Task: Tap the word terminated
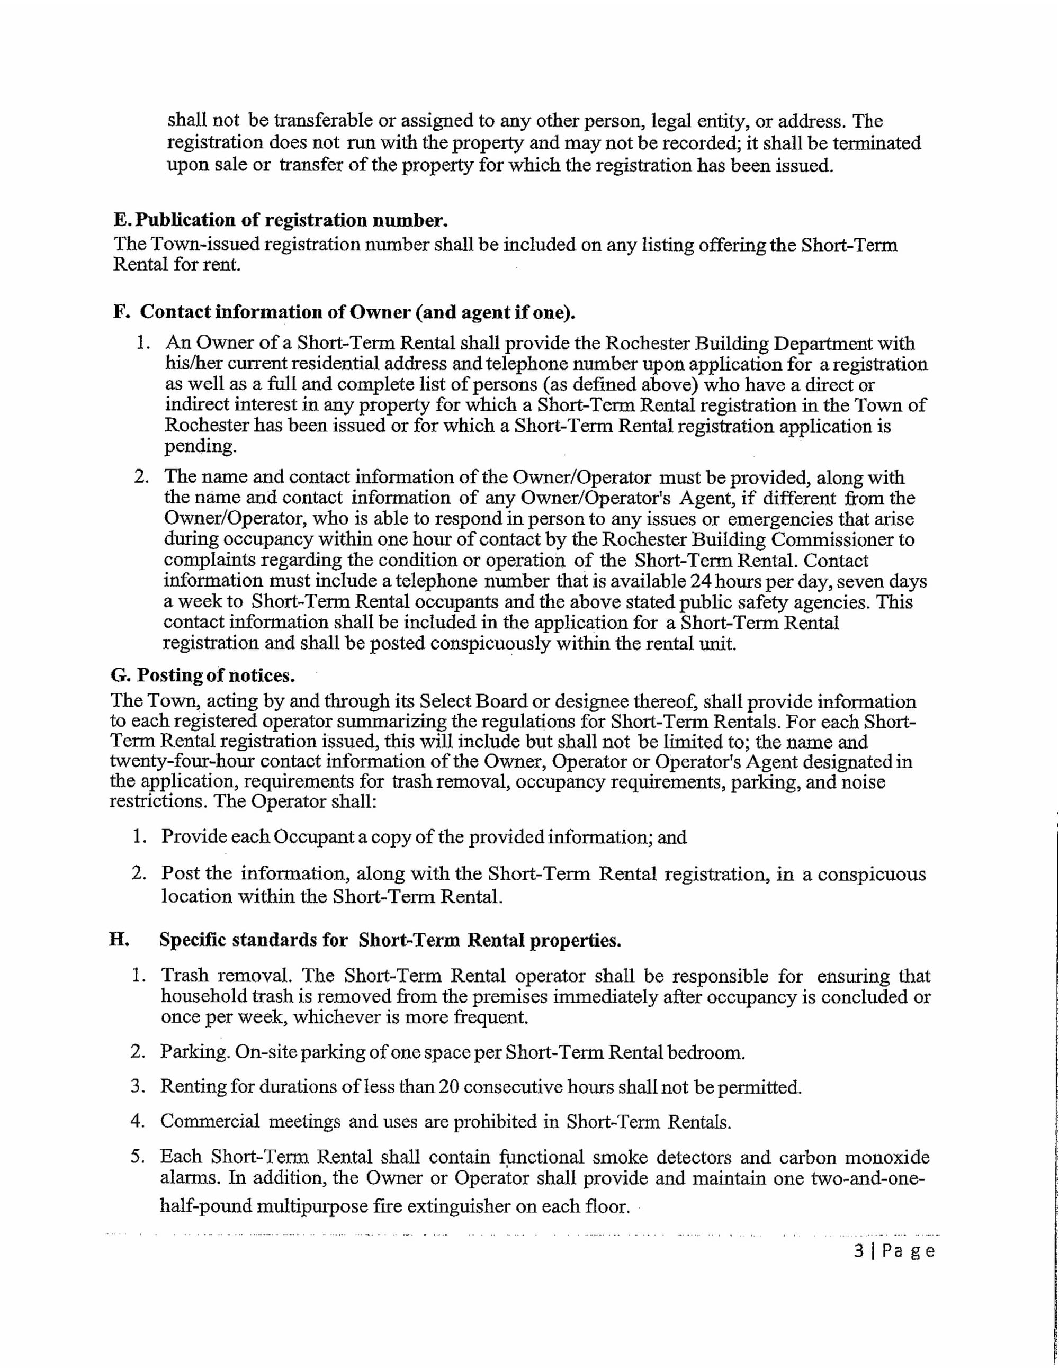[876, 143]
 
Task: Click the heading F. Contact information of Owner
[344, 312]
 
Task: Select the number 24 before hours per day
[703, 581]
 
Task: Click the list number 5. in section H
[138, 1156]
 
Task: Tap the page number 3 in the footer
[859, 1251]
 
